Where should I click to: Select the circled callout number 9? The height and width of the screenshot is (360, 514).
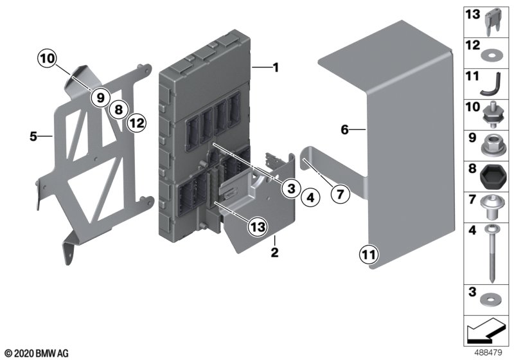[x=100, y=97]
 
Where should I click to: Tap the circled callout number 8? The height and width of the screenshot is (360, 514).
[x=118, y=109]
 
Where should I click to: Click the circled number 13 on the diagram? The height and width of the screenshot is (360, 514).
[x=256, y=227]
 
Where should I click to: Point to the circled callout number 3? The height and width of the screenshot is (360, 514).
[x=290, y=188]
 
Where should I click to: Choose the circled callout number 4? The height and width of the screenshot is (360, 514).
[x=310, y=198]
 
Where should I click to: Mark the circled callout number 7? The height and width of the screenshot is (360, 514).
[x=339, y=192]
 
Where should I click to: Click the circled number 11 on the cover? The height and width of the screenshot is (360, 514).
[x=368, y=256]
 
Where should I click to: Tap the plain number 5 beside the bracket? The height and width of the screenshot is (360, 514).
[x=31, y=136]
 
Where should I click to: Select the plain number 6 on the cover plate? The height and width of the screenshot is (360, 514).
[x=344, y=130]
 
